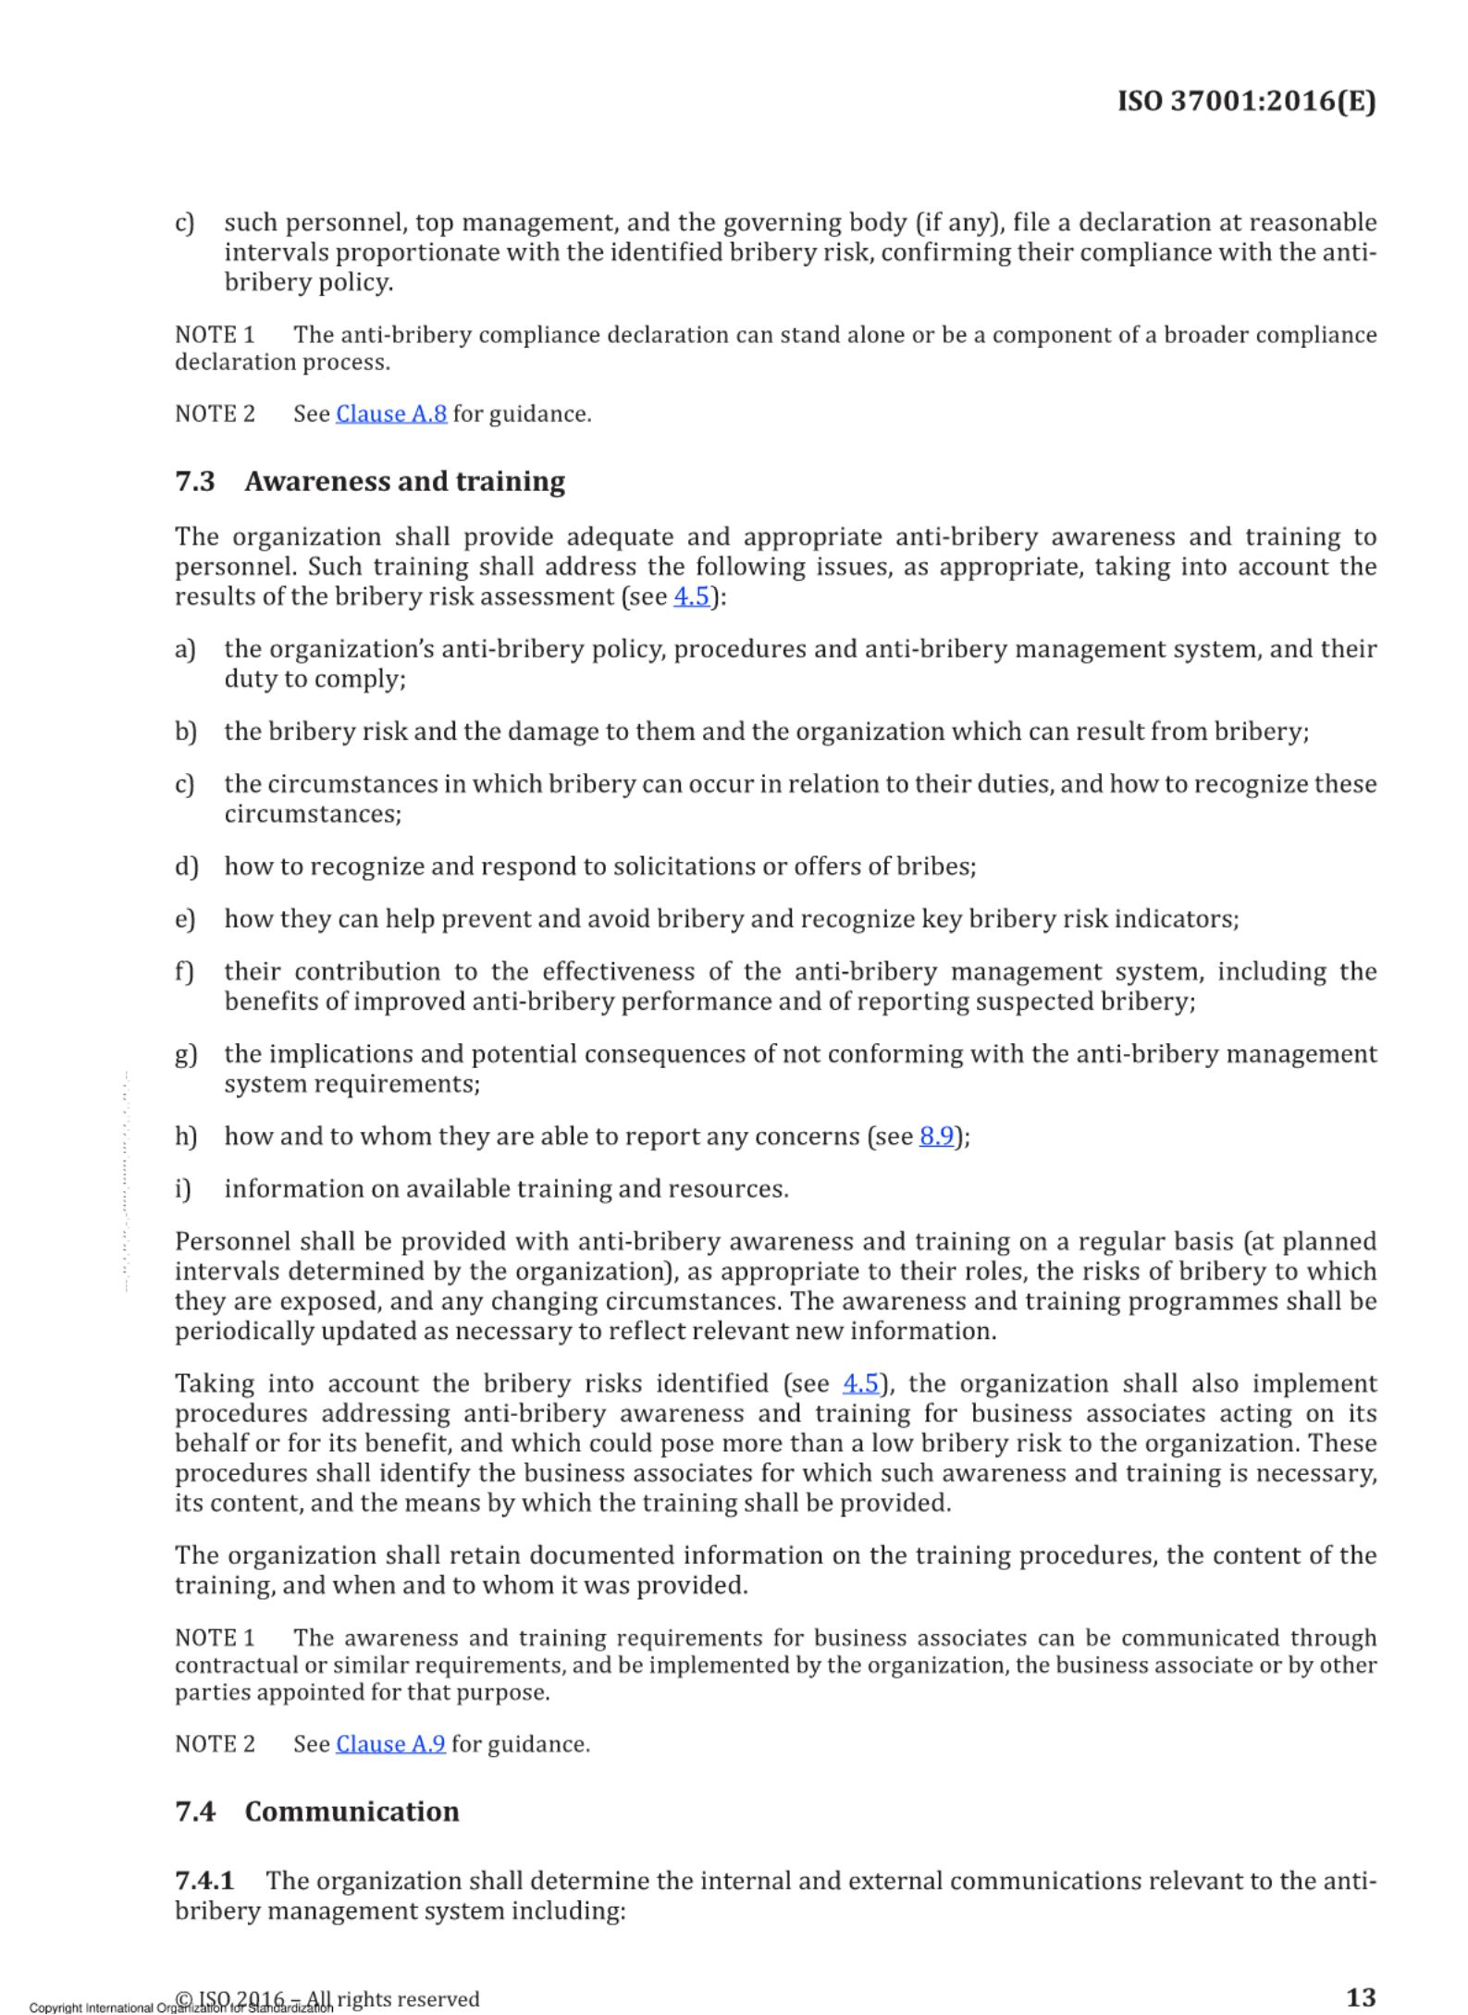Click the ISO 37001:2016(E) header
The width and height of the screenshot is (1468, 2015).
tap(1246, 101)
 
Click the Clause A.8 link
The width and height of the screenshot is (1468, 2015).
tap(391, 413)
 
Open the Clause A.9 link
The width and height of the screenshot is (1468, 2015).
tap(390, 1743)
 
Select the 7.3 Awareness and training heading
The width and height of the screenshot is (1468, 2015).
tap(370, 482)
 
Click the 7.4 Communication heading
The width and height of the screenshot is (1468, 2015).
tap(317, 1811)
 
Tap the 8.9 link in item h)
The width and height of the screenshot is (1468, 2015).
tap(936, 1136)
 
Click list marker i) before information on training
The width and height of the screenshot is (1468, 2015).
tap(183, 1188)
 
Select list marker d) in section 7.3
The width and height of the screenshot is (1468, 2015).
tap(186, 866)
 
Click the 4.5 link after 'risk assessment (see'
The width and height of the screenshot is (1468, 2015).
tap(691, 596)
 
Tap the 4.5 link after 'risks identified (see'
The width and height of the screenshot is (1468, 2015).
tap(860, 1383)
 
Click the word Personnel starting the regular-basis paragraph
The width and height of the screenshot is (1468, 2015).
tap(231, 1241)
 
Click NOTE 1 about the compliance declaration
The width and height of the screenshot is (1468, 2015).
tap(215, 335)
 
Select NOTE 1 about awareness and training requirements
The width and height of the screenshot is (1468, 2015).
tap(215, 1638)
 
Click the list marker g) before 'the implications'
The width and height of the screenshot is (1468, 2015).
tap(186, 1054)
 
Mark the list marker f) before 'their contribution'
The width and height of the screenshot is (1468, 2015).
tap(184, 972)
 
